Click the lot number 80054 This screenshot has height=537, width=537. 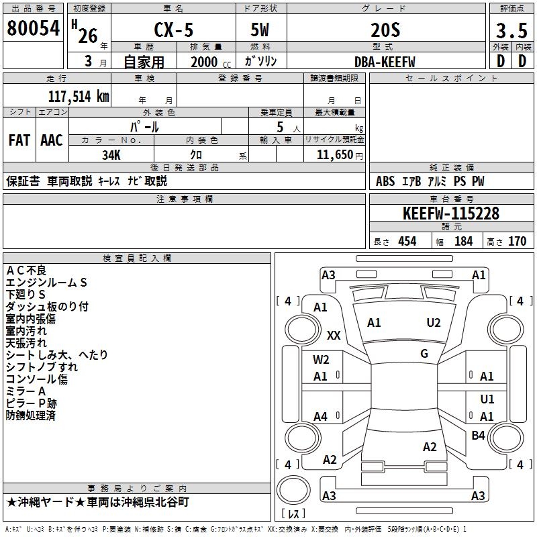33,28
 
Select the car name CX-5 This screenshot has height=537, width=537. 174,30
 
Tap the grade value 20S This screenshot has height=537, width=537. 385,30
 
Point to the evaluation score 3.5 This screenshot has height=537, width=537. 511,31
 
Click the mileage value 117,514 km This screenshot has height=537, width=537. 79,97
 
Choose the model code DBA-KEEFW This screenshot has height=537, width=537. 385,62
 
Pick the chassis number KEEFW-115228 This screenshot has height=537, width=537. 451,213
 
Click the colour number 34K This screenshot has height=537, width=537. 111,155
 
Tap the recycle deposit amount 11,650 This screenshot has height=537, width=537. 335,155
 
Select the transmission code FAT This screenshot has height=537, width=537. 19,140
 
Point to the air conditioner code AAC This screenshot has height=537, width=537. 52,140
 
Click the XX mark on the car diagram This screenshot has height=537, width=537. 334,335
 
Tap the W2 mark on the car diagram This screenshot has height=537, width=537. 321,360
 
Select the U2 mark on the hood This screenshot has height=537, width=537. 434,323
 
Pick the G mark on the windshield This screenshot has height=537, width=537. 424,354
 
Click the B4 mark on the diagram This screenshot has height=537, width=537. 478,435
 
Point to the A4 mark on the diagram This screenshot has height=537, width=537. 321,417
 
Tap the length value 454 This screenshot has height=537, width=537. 407,242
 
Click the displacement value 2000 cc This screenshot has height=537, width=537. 211,62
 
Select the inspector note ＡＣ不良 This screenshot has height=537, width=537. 26,271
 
